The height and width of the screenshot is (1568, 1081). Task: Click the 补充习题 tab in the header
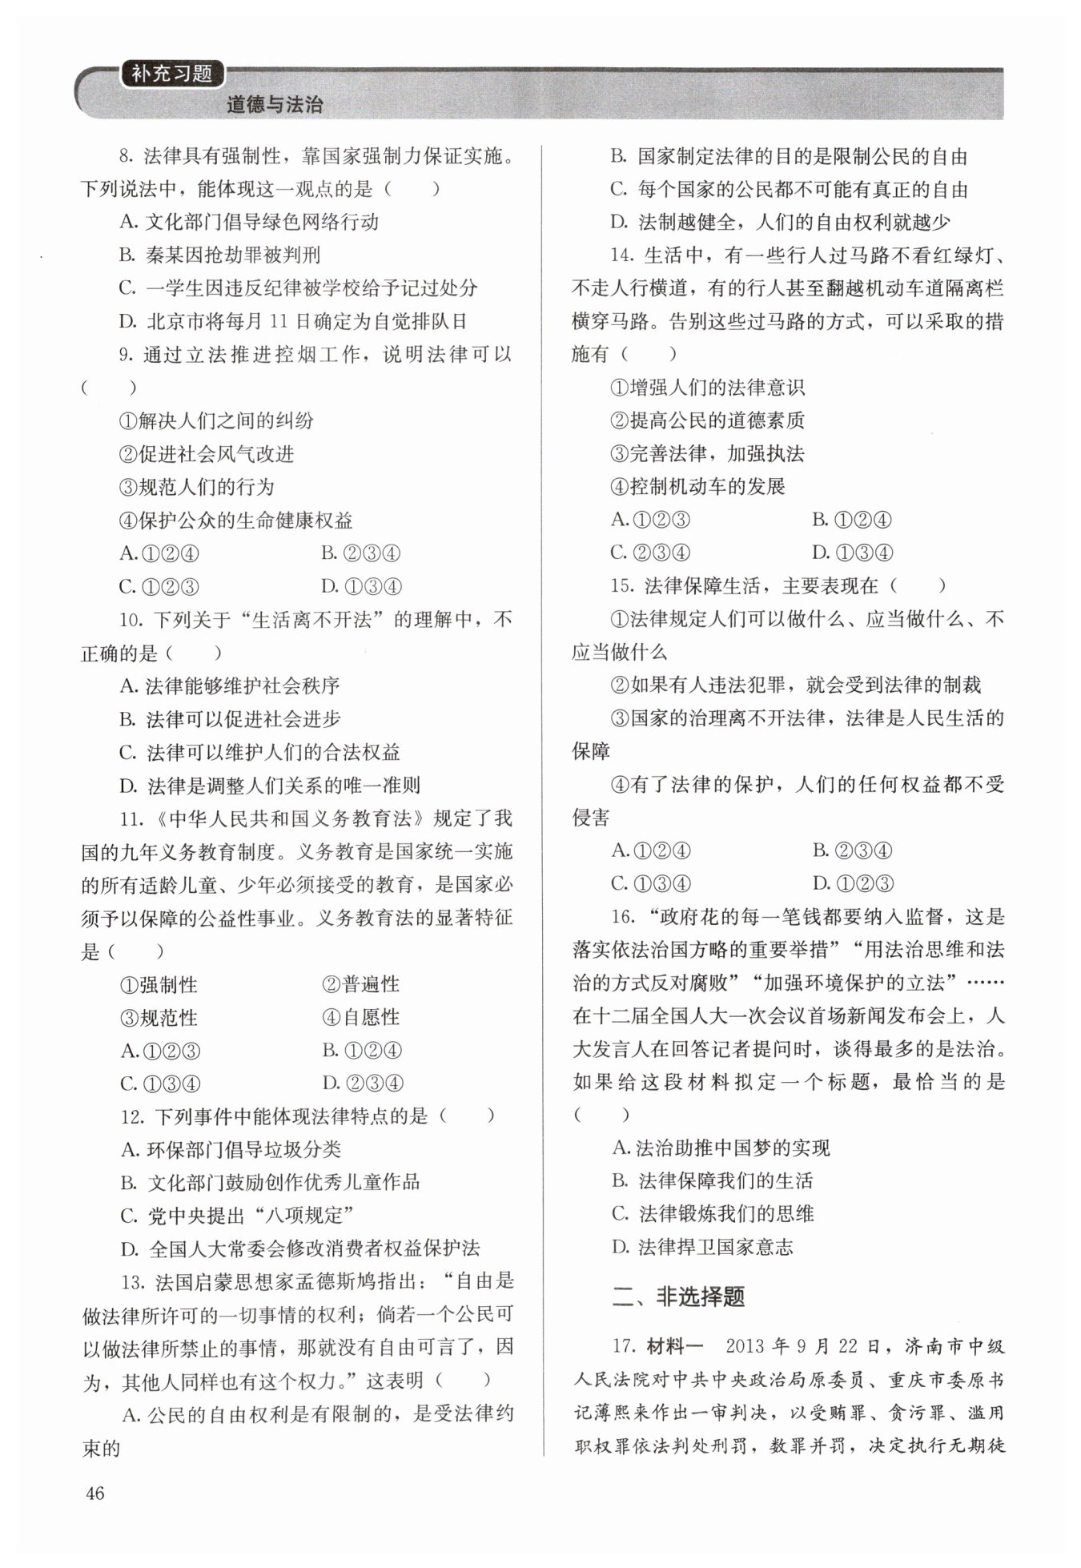[x=172, y=75]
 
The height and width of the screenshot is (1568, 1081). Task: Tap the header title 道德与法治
[x=274, y=105]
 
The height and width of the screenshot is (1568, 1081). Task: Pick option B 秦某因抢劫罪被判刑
[x=220, y=255]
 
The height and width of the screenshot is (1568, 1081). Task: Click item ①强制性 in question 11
[x=158, y=985]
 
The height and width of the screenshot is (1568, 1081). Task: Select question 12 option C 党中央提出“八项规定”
[x=237, y=1216]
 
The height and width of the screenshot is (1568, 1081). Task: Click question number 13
[x=132, y=1282]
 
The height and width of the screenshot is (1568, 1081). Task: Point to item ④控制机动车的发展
[x=697, y=487]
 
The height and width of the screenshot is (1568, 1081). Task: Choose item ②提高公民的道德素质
[x=707, y=420]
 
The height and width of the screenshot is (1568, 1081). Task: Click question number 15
[x=622, y=586]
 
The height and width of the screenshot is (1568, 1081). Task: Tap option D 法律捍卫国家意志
[x=702, y=1248]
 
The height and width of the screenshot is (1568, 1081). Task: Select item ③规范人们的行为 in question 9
[x=197, y=487]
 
